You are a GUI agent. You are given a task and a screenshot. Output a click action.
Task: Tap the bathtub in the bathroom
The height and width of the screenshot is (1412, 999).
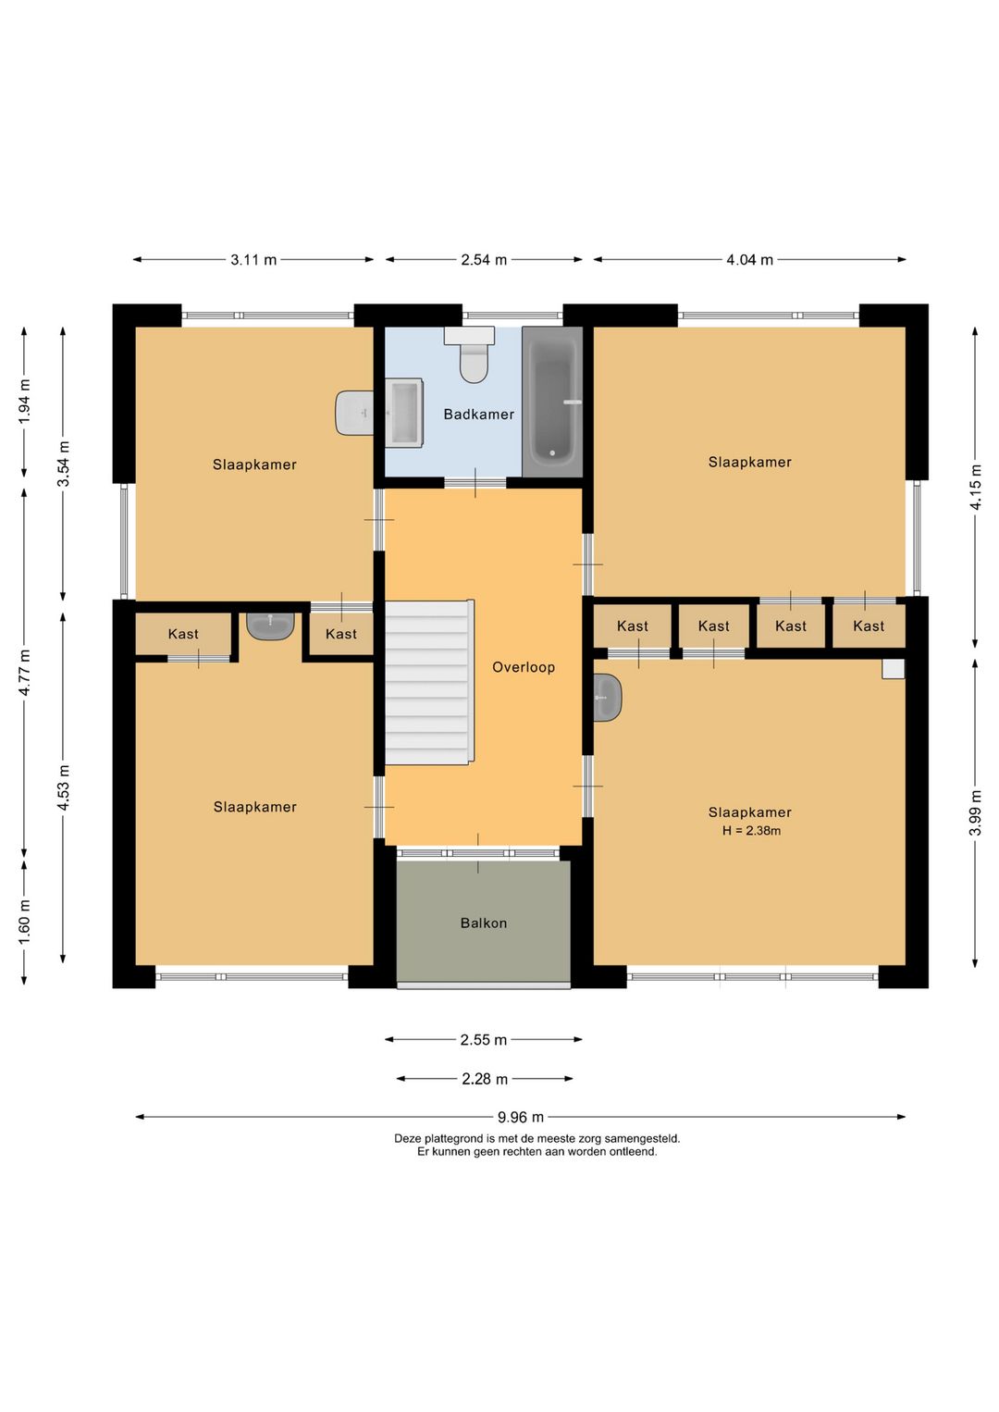[x=552, y=402]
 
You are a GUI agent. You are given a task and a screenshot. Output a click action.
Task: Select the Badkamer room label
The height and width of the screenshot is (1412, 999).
[x=479, y=415]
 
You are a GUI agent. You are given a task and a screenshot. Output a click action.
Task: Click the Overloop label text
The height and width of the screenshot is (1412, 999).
[x=524, y=667]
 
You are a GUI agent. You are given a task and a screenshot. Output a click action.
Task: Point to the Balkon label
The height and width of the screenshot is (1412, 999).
[x=484, y=923]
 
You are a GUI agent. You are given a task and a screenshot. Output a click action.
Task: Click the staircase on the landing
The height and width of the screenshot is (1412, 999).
[x=429, y=682]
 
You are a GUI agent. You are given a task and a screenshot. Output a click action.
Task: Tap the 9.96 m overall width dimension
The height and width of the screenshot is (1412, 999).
[x=521, y=1117]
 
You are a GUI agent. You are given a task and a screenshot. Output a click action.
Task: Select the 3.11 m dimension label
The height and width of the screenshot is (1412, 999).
[x=253, y=260]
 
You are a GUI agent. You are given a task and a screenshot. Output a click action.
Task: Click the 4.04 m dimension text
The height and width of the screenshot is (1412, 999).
[x=749, y=260]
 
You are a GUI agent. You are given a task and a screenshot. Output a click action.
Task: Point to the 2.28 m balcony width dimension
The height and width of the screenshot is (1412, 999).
[x=485, y=1079]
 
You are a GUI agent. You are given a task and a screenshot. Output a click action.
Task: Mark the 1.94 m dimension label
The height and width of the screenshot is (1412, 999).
[x=24, y=402]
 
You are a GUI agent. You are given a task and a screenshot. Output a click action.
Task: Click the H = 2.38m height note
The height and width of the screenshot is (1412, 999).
[x=751, y=830]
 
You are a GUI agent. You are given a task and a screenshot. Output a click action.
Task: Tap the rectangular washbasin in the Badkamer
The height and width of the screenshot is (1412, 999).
[x=403, y=413]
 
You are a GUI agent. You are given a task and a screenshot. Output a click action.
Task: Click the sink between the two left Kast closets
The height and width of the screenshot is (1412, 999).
[x=270, y=625]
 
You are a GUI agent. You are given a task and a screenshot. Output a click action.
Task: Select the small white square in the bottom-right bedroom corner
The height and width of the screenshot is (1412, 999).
[x=894, y=669]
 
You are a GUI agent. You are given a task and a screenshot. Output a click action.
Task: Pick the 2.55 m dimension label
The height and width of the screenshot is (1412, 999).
[x=484, y=1039]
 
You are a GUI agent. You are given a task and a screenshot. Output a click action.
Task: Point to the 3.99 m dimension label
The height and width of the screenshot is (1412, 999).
[x=975, y=812]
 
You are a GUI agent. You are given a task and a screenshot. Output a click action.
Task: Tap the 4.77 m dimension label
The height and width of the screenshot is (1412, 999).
[x=24, y=672]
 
